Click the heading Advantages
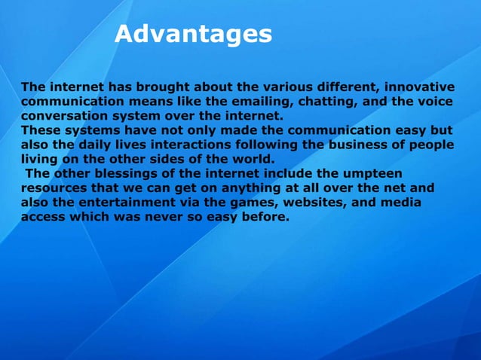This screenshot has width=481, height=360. click(x=193, y=34)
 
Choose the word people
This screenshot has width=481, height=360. click(x=433, y=144)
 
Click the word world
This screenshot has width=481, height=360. click(x=252, y=158)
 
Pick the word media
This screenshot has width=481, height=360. click(x=402, y=203)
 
